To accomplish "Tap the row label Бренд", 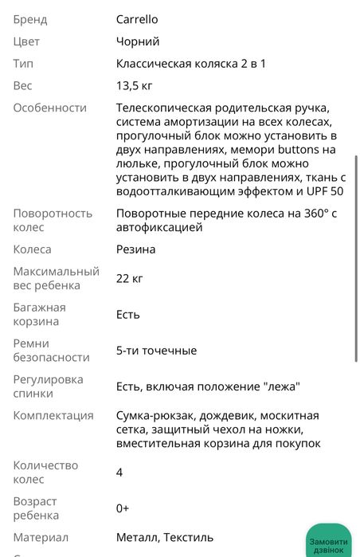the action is coord(30,19).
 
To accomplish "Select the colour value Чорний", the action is coord(138,41).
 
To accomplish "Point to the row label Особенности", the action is coord(49,108).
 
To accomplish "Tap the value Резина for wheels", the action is coord(135,249).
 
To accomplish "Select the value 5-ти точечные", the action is coord(156,351).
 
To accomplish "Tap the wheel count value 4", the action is coord(119,473).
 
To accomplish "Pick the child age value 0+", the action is coord(123,508).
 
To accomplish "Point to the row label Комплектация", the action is coord(53,416).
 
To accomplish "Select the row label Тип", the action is coord(23,63).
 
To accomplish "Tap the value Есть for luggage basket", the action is coord(127,314).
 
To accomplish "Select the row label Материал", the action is coord(41,538).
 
